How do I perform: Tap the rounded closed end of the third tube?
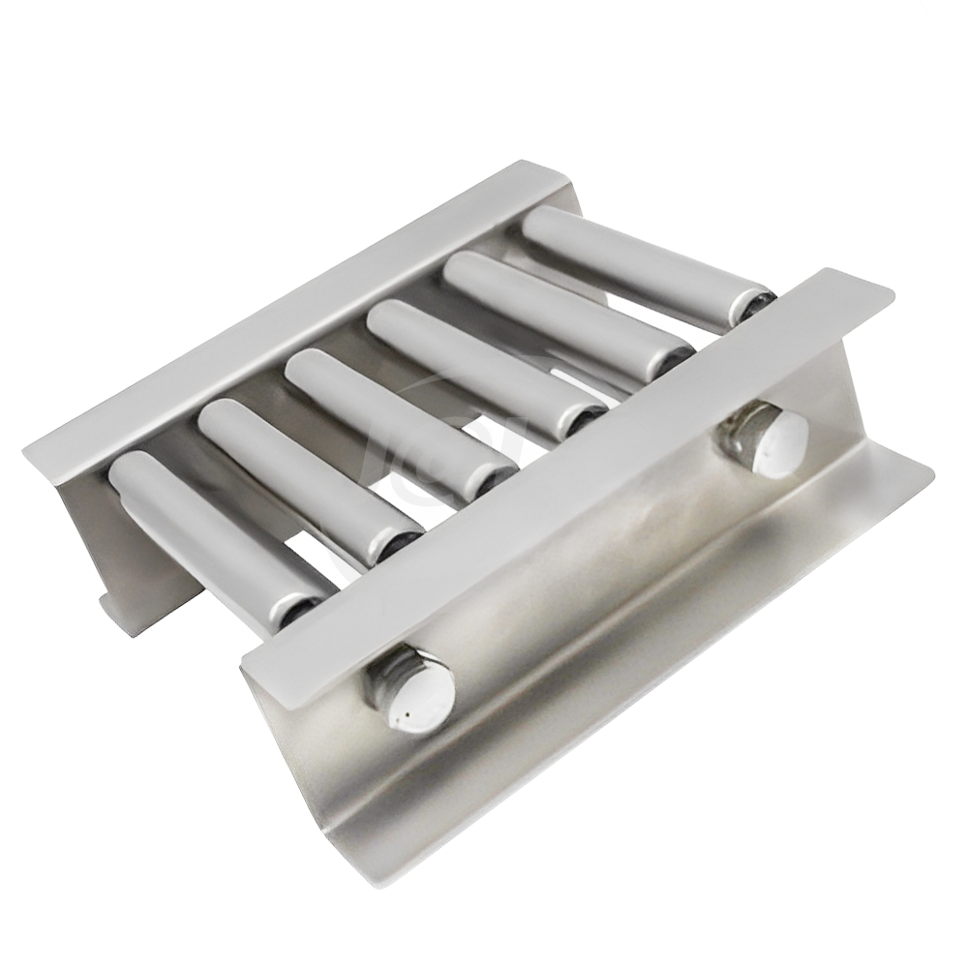click(305, 367)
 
